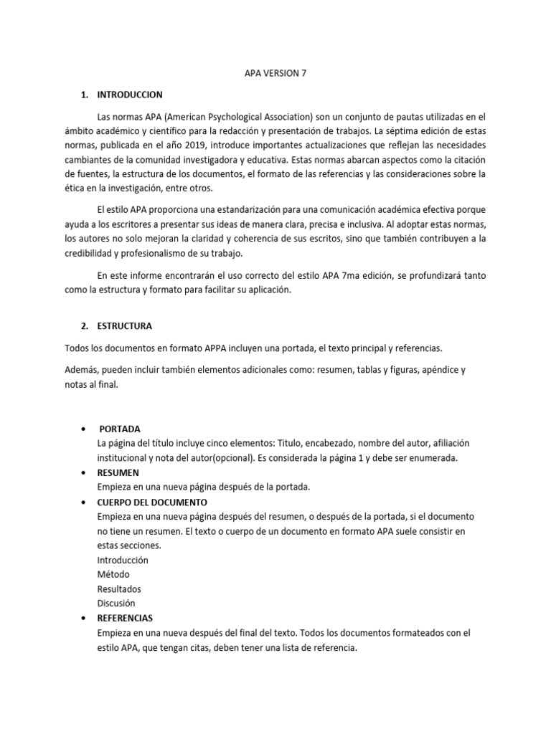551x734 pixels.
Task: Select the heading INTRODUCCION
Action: coord(130,95)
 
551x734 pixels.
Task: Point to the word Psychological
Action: coord(237,116)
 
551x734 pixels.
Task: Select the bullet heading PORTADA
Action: coord(120,428)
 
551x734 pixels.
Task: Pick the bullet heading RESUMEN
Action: coord(118,473)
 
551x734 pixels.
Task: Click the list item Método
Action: coord(113,574)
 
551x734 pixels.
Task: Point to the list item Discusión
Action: coord(116,603)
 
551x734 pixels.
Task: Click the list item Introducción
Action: coord(123,560)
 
